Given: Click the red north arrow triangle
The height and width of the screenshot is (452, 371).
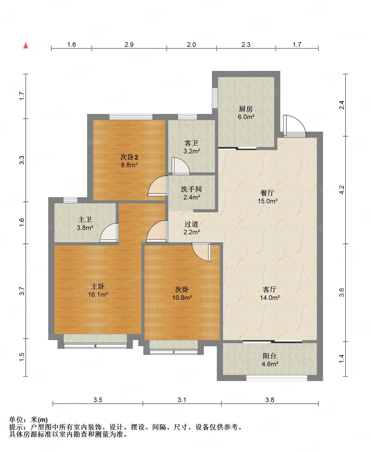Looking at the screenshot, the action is (26, 46).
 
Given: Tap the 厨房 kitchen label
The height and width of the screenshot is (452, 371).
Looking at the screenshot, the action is (246, 109).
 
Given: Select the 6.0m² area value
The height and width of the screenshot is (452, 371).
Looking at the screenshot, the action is (246, 117).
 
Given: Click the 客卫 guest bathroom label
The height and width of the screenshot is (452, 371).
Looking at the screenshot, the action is (191, 143).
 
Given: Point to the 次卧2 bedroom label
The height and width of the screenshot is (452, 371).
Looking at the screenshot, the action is (129, 157).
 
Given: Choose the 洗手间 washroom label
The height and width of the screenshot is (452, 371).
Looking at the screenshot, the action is (191, 189).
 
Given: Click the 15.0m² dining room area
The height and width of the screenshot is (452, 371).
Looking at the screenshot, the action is (268, 201).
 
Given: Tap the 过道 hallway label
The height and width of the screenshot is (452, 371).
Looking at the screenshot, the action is (191, 224).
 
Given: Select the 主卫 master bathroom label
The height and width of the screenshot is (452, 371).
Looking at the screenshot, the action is (85, 219).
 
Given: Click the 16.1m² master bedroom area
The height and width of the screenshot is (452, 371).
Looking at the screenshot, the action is (98, 295).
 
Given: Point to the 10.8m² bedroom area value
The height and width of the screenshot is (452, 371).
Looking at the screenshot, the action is (182, 298).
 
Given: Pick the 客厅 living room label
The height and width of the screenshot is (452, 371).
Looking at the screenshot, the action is (270, 289).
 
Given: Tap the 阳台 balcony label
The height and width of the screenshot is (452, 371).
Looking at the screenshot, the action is (270, 356).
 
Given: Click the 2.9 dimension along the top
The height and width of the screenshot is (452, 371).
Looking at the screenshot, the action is (129, 45).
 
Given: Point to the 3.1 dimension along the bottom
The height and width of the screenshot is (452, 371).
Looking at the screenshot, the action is (182, 400).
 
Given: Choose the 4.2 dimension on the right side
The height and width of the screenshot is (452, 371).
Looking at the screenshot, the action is (342, 190).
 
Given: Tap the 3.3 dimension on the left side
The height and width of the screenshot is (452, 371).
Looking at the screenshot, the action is (22, 160).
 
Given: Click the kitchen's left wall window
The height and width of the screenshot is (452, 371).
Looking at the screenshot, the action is (215, 98).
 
